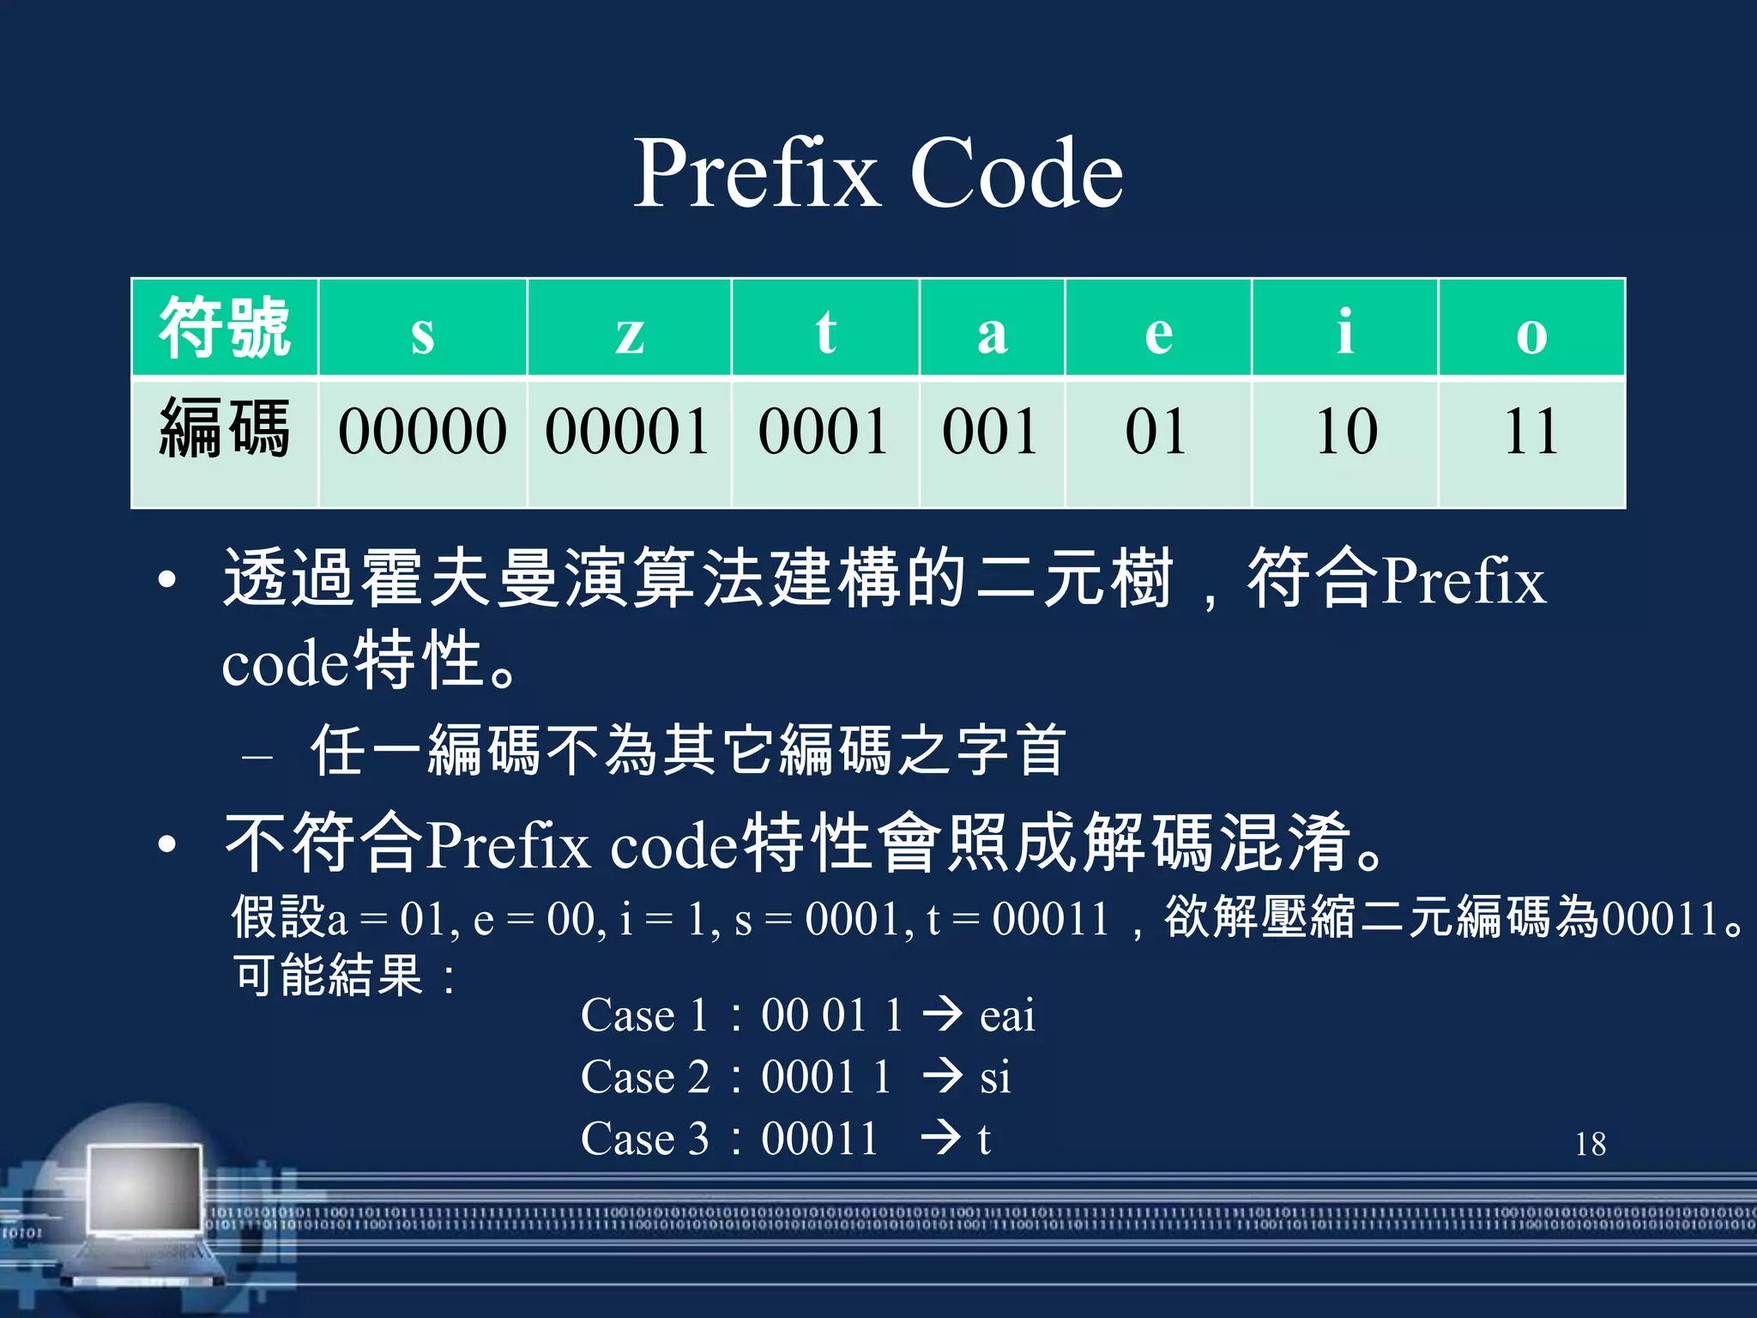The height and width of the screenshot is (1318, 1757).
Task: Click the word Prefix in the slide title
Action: [x=757, y=174]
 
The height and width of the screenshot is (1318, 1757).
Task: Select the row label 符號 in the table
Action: [x=225, y=328]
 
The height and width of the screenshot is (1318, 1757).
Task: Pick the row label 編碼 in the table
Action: [x=225, y=429]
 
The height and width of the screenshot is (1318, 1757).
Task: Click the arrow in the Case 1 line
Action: [x=943, y=1014]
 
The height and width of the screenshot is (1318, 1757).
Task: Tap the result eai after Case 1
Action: [x=1007, y=1016]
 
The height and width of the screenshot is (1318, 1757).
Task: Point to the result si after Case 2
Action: [x=995, y=1078]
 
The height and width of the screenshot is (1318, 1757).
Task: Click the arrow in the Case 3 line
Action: [x=941, y=1138]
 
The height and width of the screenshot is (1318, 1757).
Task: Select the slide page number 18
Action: [x=1590, y=1144]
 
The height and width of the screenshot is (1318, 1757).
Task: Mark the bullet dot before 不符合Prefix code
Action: [x=167, y=844]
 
